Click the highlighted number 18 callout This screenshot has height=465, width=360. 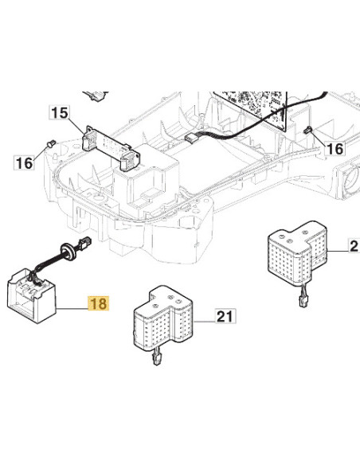pyautogui.click(x=99, y=303)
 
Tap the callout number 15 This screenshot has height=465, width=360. pyautogui.click(x=59, y=113)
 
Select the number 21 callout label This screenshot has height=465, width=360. pyautogui.click(x=225, y=316)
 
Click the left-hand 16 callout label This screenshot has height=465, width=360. pyautogui.click(x=25, y=162)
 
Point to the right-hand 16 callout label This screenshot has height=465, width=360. pyautogui.click(x=335, y=148)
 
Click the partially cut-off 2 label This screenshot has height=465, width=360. pyautogui.click(x=354, y=246)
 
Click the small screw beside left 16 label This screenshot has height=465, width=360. pyautogui.click(x=51, y=143)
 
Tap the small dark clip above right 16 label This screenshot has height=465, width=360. pyautogui.click(x=308, y=130)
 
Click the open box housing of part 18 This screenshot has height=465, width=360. pyautogui.click(x=31, y=296)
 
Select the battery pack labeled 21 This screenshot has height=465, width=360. pyautogui.click(x=162, y=318)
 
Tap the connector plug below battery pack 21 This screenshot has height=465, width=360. pyautogui.click(x=156, y=357)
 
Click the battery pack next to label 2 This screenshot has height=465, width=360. pyautogui.click(x=297, y=253)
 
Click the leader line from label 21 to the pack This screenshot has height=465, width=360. pyautogui.click(x=204, y=321)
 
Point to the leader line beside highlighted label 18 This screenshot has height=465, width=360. pyautogui.click(x=72, y=309)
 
